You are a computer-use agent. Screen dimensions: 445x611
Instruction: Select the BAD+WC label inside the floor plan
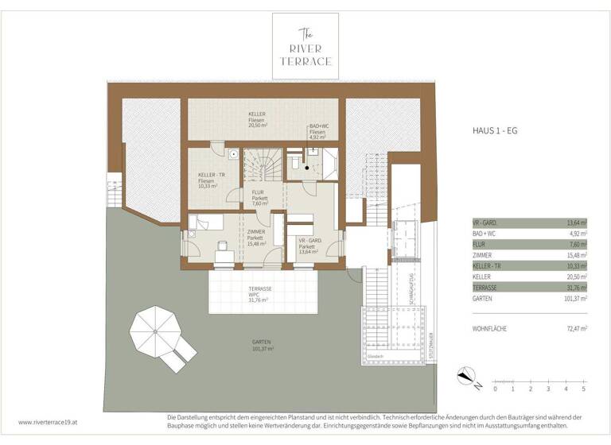click(x=318, y=131)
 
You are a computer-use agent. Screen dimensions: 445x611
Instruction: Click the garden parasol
click(x=156, y=331)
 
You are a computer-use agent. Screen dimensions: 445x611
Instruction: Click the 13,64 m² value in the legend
click(x=575, y=223)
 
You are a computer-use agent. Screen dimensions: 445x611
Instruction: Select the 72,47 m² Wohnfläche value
click(x=575, y=327)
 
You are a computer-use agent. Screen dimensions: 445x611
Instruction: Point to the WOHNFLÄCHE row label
click(x=491, y=327)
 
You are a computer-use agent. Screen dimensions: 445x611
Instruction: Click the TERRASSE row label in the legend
click(x=486, y=287)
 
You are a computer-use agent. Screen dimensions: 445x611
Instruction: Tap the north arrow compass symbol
click(x=468, y=377)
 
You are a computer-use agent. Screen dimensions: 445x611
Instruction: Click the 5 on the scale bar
click(x=583, y=389)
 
